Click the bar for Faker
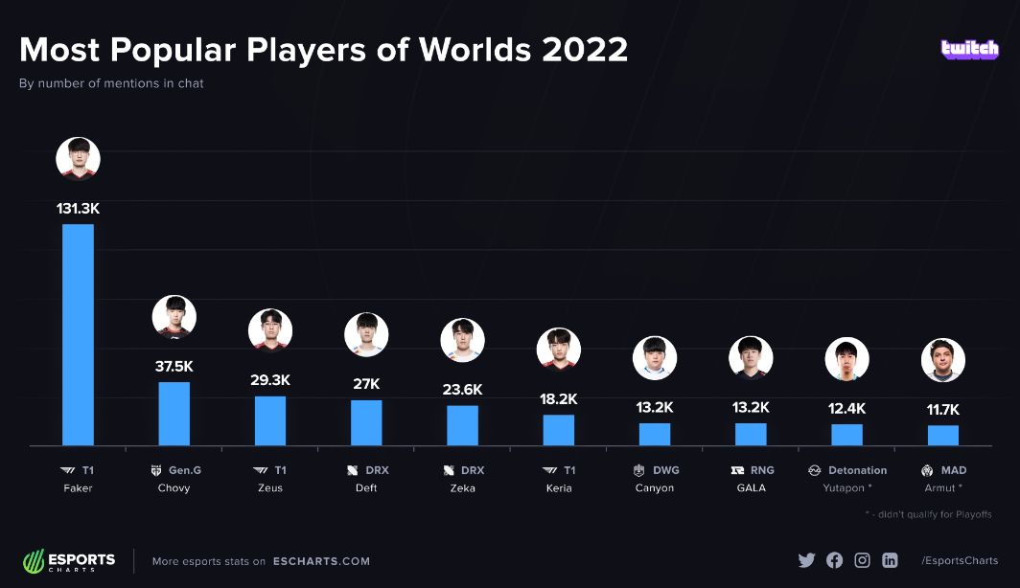(78, 334)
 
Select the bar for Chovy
(174, 414)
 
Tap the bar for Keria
(558, 430)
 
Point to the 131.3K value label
(78, 207)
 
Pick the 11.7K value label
(942, 409)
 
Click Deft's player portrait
(366, 335)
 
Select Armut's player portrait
(942, 360)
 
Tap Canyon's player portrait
(655, 358)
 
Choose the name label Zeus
(269, 488)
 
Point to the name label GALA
(751, 488)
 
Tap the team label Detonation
(857, 470)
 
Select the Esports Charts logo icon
(35, 561)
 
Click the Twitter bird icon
(806, 560)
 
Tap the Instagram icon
(862, 560)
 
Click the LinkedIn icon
(890, 560)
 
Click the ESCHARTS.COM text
(321, 561)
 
